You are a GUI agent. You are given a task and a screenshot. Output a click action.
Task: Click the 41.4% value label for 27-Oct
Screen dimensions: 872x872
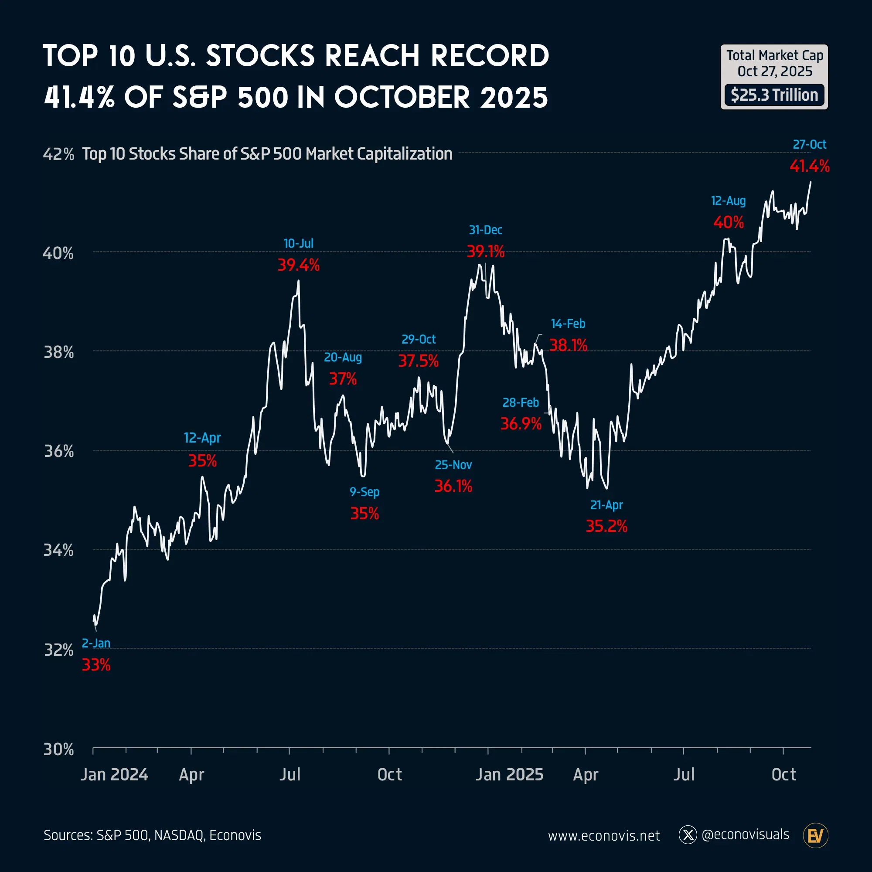809,166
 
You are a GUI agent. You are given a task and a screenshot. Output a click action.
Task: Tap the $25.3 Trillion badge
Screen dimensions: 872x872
774,95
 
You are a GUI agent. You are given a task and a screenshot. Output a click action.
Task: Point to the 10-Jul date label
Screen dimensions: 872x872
298,243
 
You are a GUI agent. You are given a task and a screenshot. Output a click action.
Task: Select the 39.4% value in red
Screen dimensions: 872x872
298,265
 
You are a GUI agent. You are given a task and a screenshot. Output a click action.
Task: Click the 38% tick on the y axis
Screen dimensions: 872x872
59,352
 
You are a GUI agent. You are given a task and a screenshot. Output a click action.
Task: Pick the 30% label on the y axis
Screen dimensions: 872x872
59,749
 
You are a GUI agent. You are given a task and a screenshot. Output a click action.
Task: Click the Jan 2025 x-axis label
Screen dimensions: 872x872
509,774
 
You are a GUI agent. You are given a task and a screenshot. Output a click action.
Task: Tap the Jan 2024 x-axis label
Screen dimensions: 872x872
114,774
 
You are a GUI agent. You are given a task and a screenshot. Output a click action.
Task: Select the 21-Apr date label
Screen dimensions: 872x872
606,505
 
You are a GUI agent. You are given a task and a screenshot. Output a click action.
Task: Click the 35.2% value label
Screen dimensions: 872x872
606,526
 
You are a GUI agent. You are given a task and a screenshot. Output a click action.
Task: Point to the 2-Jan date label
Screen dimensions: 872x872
95,643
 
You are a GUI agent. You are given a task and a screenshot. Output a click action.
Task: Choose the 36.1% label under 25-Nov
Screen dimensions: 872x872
453,486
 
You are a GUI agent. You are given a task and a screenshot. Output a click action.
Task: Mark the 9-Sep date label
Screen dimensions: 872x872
364,492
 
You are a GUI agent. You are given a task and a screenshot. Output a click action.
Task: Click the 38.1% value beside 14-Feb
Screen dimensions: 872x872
568,345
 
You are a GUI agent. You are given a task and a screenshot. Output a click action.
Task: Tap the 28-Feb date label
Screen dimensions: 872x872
521,402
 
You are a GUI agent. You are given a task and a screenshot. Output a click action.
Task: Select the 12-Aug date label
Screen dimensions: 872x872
728,201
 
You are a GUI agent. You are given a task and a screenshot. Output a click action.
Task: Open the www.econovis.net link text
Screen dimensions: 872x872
603,836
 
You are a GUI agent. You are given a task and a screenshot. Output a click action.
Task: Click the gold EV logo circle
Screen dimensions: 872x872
816,836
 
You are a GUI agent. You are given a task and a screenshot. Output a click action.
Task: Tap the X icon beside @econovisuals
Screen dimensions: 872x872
688,835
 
